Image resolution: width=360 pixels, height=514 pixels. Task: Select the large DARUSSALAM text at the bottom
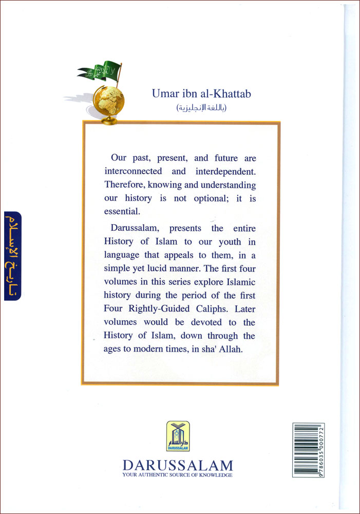pyautogui.click(x=178, y=466)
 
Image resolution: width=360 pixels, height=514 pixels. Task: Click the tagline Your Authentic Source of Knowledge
pyautogui.click(x=178, y=475)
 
